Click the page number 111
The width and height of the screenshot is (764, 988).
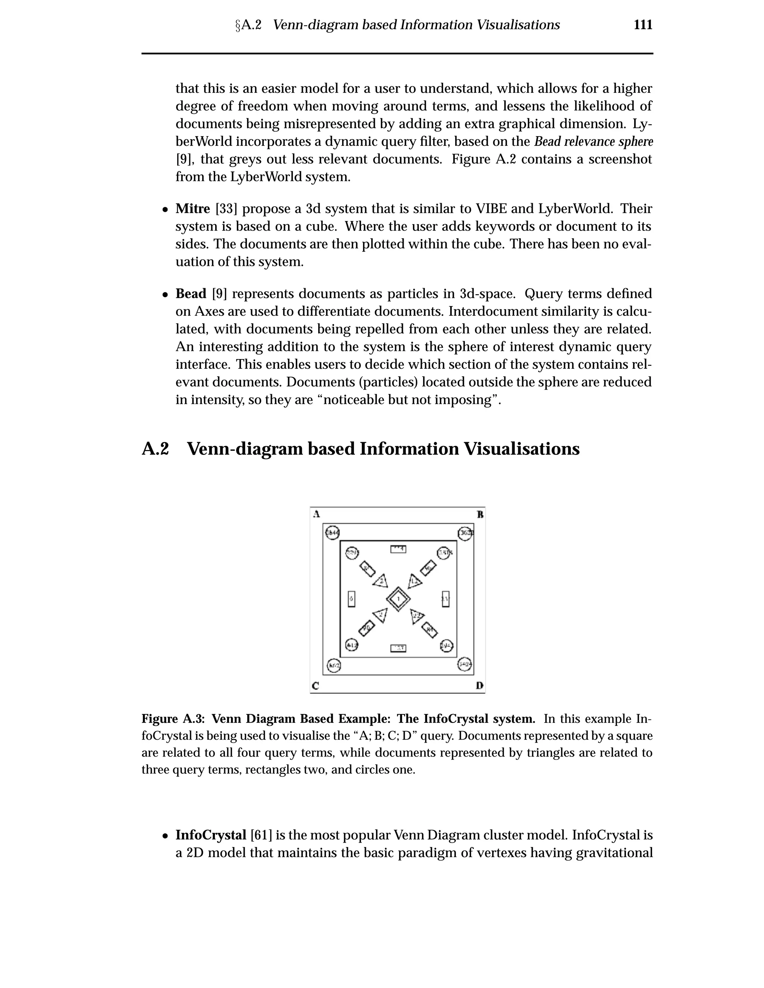(x=643, y=25)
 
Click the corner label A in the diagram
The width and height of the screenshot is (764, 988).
(x=317, y=514)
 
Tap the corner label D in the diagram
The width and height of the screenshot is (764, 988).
(x=479, y=686)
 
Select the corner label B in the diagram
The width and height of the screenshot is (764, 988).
(x=480, y=515)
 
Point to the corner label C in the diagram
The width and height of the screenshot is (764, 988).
(x=316, y=686)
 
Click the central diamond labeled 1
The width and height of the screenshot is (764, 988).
(x=398, y=599)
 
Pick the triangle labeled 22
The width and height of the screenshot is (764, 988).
(x=416, y=616)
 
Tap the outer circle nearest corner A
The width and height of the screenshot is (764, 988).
(x=333, y=533)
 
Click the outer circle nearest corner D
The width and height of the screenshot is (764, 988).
(x=464, y=664)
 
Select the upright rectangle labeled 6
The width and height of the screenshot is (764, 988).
(x=351, y=599)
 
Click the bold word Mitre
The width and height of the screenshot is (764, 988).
(x=193, y=209)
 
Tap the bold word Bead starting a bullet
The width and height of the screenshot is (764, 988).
(x=191, y=294)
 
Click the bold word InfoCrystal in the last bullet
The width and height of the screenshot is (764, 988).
(x=210, y=835)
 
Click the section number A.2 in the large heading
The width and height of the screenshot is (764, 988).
(x=155, y=449)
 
